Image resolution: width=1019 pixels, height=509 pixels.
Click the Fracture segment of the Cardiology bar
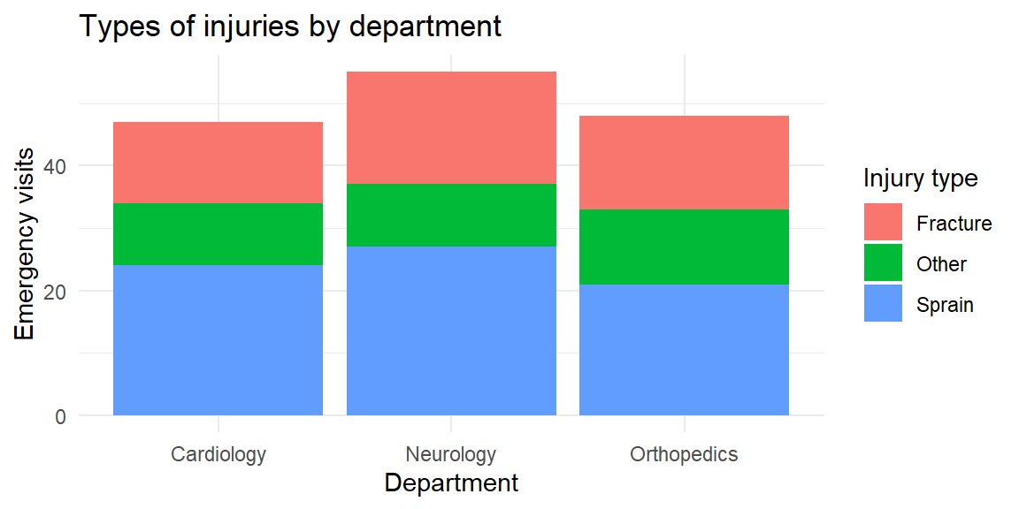pos(218,163)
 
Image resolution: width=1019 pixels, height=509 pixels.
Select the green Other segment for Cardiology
pos(218,234)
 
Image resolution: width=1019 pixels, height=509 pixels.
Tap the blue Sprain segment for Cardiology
pos(218,340)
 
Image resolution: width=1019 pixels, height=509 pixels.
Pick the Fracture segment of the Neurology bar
pos(451,127)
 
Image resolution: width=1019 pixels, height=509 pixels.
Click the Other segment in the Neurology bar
pos(451,215)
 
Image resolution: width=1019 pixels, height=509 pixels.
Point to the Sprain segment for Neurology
pos(451,330)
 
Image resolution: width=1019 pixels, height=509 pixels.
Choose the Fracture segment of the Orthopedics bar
pos(684,163)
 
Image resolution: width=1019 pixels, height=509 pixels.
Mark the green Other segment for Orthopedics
pos(684,247)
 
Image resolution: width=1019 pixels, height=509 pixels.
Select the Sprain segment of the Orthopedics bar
pos(684,350)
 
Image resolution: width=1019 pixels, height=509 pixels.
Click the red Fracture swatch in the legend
pos(883,223)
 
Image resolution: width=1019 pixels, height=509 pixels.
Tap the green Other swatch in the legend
pos(883,263)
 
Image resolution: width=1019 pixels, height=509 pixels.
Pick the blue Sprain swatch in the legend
pos(883,304)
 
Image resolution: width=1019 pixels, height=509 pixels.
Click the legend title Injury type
pos(920,179)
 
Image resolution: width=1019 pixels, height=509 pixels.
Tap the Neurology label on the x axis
pos(451,455)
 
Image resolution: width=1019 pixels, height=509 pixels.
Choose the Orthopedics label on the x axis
pos(684,455)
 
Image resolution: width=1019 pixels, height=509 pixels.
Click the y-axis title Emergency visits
pos(25,244)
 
